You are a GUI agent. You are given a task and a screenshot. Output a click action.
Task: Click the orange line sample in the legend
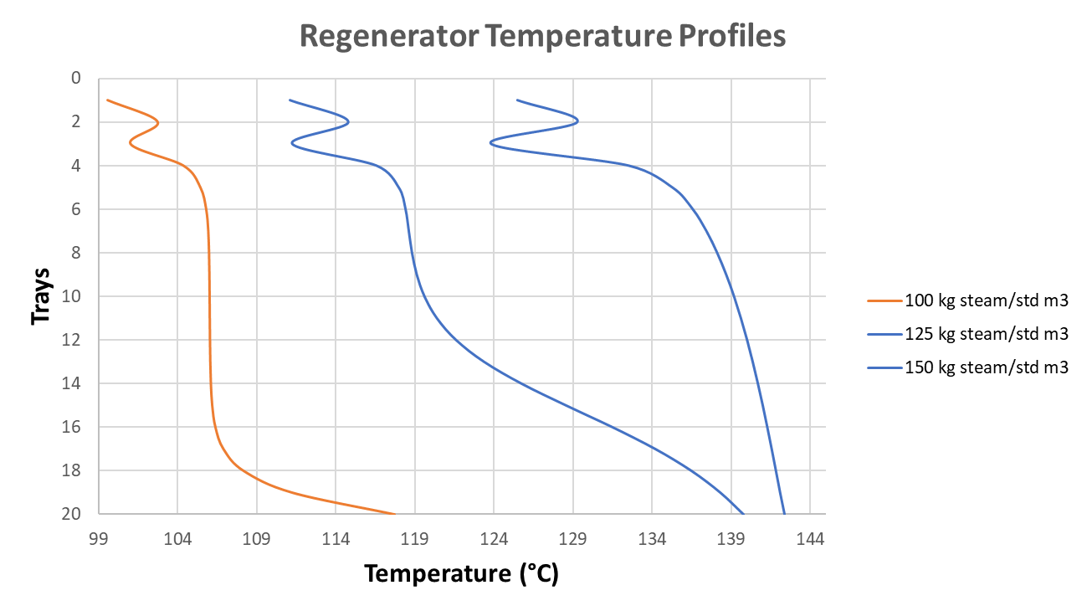[x=884, y=300]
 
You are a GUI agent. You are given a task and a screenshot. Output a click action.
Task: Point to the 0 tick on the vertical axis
[x=77, y=79]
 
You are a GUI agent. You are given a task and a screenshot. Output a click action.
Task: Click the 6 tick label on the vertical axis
[x=77, y=209]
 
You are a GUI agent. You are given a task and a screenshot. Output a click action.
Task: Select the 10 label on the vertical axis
[x=74, y=296]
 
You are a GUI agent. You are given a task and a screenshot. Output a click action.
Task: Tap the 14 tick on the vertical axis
[x=74, y=383]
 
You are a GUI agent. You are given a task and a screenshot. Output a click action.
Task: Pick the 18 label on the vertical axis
[x=74, y=470]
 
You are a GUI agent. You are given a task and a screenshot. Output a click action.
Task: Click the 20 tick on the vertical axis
[x=74, y=514]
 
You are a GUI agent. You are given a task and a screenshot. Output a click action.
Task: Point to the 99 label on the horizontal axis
[x=99, y=540]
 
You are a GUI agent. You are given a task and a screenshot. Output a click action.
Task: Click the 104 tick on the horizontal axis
[x=177, y=540]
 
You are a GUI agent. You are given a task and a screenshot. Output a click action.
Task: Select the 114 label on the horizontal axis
[x=336, y=540]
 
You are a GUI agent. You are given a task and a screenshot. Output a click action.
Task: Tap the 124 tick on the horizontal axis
[x=494, y=540]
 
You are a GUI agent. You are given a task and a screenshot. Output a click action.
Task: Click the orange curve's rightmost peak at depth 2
[x=159, y=123]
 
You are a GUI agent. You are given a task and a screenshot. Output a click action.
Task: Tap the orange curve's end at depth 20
[x=394, y=513]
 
